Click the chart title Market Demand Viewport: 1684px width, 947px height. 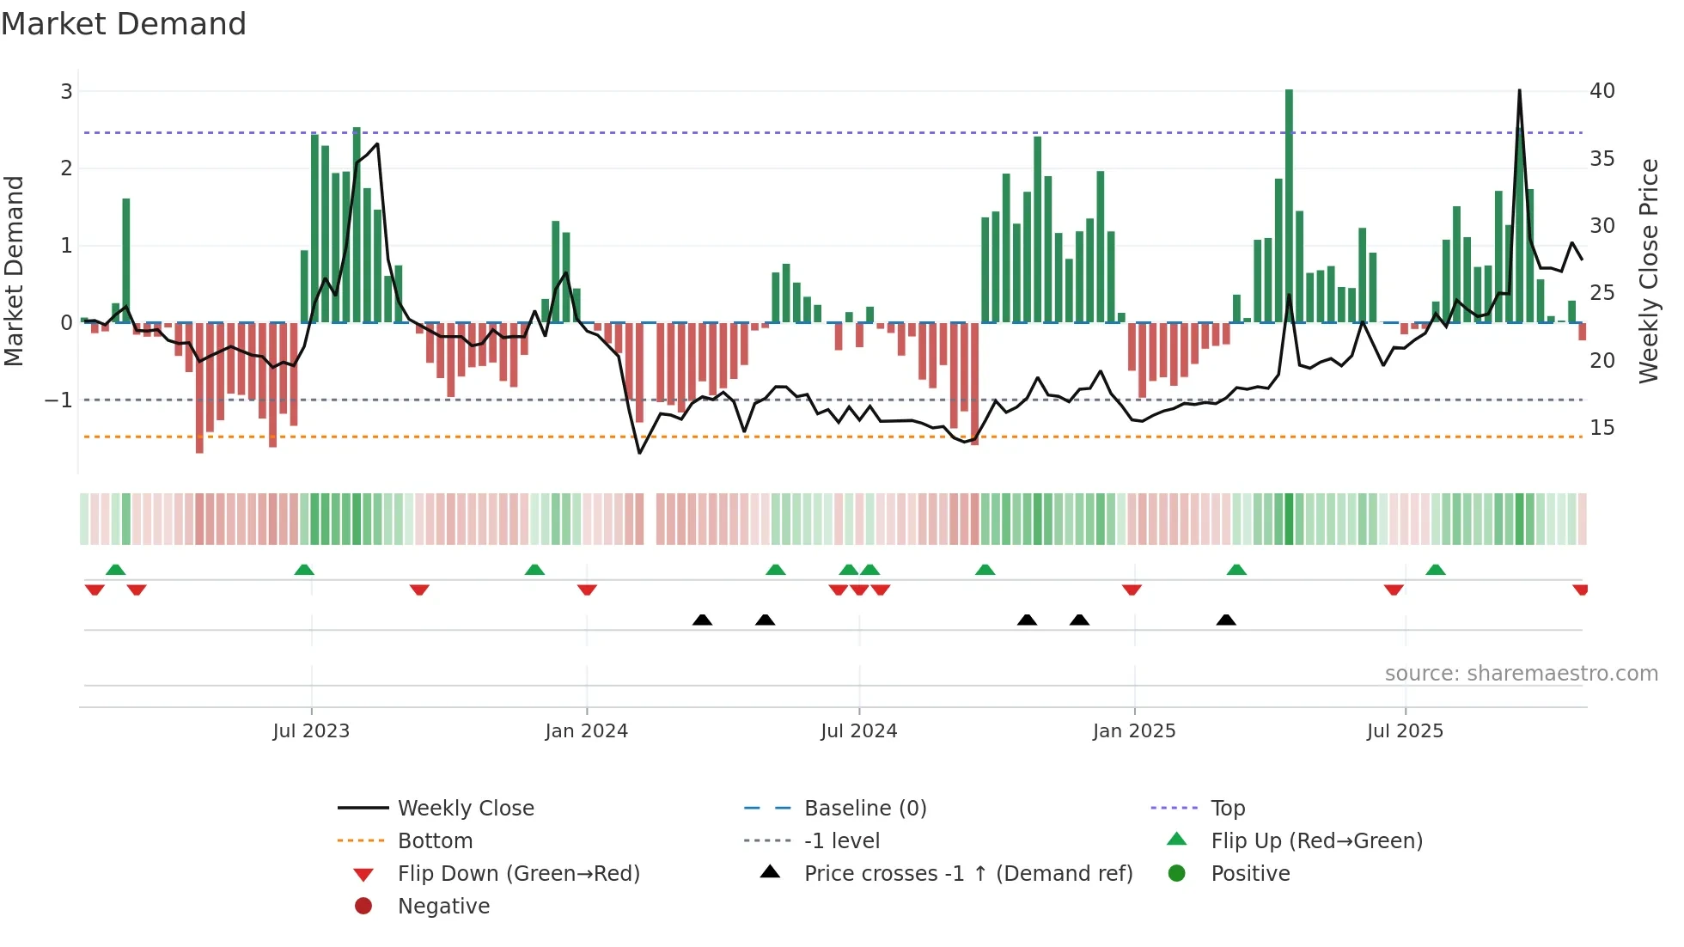pos(124,24)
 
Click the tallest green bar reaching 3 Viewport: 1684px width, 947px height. pos(1289,206)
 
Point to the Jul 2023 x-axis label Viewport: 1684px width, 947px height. pos(311,730)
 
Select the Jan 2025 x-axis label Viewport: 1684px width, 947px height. pos(1134,730)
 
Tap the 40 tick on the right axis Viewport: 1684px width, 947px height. pos(1602,91)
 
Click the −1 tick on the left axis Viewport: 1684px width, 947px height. pos(59,400)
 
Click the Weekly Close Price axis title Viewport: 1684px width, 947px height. pos(1648,271)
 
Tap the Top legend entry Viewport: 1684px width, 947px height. pos(1228,808)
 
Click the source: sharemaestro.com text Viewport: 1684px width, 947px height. pos(1521,673)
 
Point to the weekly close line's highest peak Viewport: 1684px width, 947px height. pos(1519,91)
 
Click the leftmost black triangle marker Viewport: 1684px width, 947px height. pos(702,620)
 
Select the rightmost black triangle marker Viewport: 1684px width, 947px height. pos(1226,620)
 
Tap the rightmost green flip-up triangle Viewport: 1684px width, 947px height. pos(1436,570)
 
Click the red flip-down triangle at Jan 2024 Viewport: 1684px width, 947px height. pos(587,590)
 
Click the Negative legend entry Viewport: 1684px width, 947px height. pos(443,906)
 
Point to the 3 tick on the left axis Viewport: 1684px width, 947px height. pos(66,91)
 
